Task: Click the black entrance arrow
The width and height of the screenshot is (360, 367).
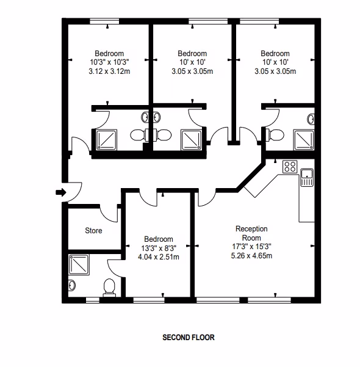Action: [x=61, y=192]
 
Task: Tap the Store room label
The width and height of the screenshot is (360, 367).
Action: [x=93, y=231]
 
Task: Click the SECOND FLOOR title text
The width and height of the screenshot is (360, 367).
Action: [x=189, y=337]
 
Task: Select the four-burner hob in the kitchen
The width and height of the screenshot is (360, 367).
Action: [x=290, y=167]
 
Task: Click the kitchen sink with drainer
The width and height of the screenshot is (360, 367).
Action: [x=307, y=178]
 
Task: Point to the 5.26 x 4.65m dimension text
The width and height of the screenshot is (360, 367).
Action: [x=251, y=256]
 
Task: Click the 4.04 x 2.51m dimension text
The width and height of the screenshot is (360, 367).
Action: [x=159, y=257]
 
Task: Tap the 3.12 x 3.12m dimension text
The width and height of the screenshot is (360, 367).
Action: [x=109, y=71]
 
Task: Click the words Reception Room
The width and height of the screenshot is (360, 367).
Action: [x=251, y=233]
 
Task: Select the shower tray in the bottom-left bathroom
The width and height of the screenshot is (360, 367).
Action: [x=79, y=265]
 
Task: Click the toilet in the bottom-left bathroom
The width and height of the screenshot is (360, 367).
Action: [x=109, y=288]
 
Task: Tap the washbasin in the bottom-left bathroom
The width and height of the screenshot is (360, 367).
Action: [x=72, y=285]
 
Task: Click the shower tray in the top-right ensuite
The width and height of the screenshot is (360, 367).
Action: [x=304, y=140]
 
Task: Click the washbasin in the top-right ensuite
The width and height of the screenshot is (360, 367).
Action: [x=311, y=119]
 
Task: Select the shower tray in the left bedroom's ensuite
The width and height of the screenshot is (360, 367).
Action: [x=107, y=140]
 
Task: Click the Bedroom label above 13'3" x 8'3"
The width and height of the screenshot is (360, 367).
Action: [x=159, y=239]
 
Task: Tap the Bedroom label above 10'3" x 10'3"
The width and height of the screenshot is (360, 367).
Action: [x=109, y=54]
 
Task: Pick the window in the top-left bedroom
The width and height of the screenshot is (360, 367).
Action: [x=104, y=21]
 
